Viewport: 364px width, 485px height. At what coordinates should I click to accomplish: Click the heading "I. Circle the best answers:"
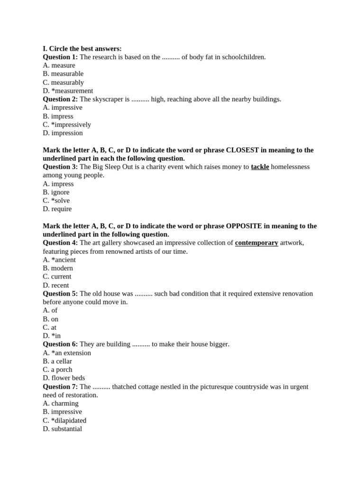(x=82, y=49)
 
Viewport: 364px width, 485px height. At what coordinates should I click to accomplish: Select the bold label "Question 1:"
(x=60, y=57)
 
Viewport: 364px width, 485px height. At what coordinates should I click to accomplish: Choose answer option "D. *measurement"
(x=68, y=91)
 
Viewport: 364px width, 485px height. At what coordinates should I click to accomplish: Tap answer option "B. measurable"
(x=63, y=74)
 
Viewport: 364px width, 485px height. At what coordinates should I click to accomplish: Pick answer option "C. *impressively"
(x=67, y=125)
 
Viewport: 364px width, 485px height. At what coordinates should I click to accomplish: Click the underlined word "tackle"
(x=260, y=167)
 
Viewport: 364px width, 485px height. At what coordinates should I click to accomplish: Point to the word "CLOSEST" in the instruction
(x=243, y=150)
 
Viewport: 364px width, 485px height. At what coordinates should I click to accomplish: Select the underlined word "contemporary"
(x=256, y=243)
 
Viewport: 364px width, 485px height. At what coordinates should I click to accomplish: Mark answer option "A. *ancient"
(x=59, y=260)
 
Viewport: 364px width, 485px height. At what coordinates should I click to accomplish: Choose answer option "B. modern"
(x=58, y=268)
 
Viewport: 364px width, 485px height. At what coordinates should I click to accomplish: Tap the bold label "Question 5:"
(x=60, y=294)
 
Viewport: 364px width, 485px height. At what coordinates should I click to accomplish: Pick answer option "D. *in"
(x=52, y=336)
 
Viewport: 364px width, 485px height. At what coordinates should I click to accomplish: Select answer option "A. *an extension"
(x=67, y=353)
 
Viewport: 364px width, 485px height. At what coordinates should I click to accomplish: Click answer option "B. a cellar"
(x=57, y=361)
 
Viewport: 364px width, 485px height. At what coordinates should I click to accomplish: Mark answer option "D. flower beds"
(x=64, y=378)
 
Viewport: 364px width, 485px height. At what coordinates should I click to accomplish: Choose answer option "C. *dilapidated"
(x=64, y=421)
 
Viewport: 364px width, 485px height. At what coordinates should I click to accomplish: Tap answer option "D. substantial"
(x=62, y=429)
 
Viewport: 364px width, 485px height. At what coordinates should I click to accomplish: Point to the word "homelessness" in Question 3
(x=290, y=167)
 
